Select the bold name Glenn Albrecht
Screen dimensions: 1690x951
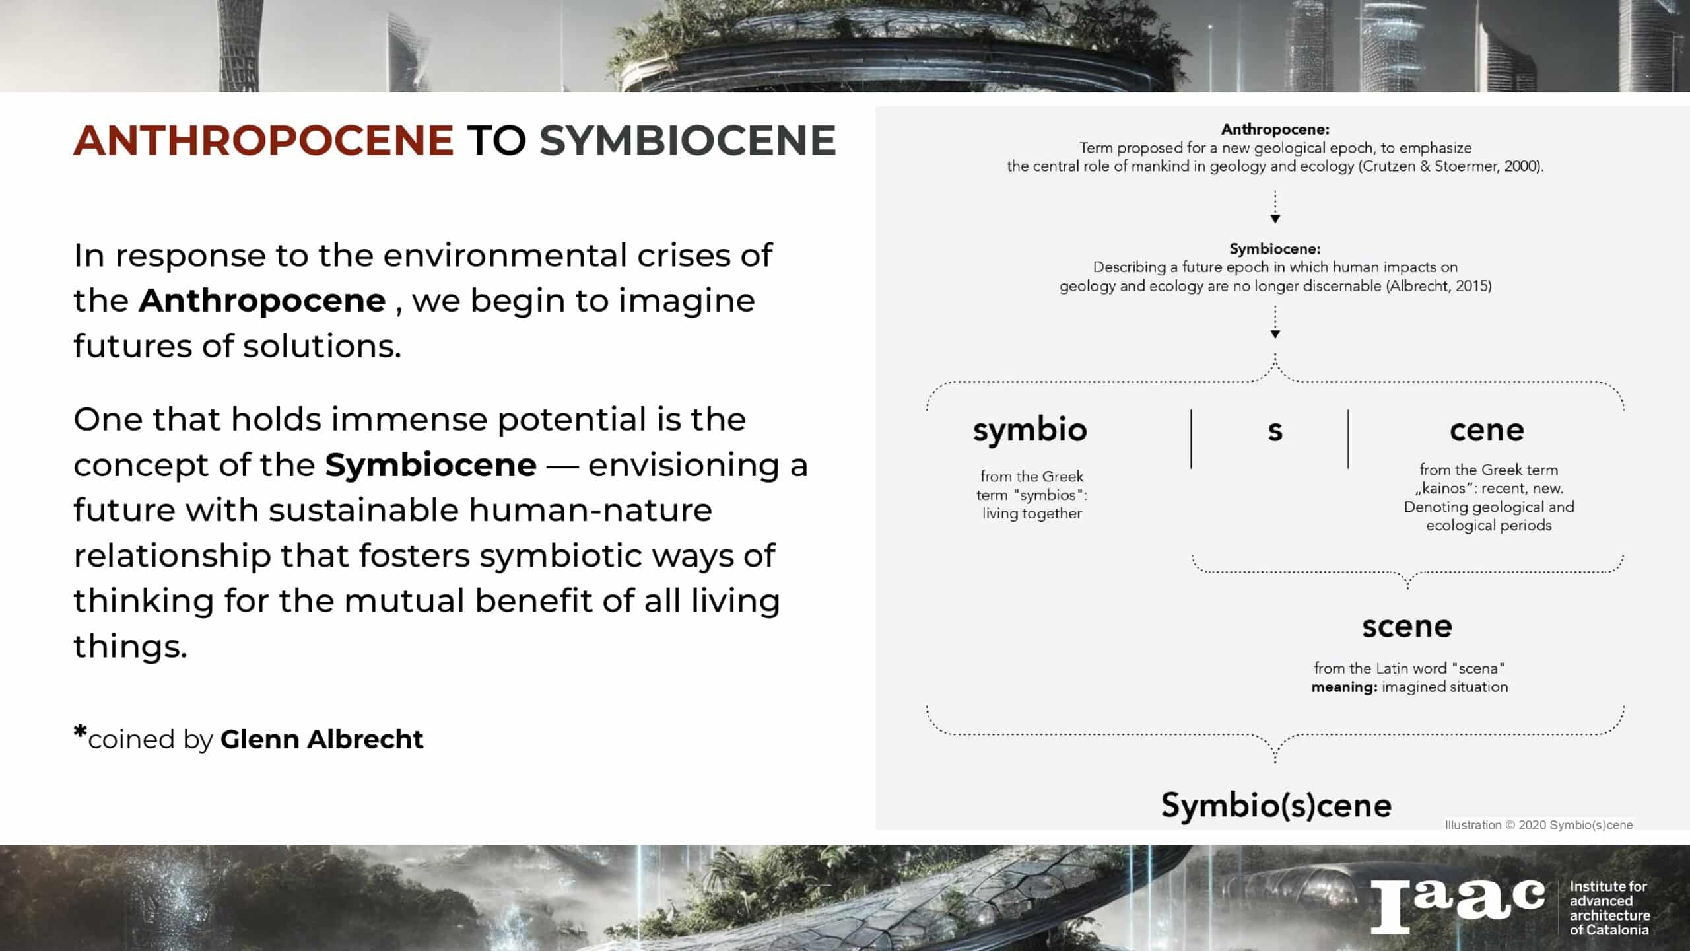point(321,739)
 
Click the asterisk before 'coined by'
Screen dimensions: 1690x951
point(80,732)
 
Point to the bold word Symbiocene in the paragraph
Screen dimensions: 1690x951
point(430,465)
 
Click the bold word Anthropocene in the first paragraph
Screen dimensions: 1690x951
point(262,300)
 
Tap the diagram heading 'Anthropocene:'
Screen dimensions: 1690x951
point(1275,129)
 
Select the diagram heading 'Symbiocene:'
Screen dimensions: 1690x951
point(1275,249)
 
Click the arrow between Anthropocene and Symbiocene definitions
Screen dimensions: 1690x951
point(1275,207)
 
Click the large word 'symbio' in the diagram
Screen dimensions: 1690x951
point(1030,431)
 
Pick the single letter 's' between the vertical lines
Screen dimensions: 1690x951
point(1275,431)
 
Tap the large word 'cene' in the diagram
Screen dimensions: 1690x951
point(1487,431)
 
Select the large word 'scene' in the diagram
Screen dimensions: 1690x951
point(1407,627)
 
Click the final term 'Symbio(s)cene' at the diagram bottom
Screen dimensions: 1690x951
point(1276,805)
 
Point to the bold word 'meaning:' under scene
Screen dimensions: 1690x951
point(1344,687)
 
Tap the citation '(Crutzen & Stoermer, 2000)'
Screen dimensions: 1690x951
point(1451,166)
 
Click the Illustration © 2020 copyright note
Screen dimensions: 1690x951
point(1539,825)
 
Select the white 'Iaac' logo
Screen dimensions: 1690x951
point(1458,906)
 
